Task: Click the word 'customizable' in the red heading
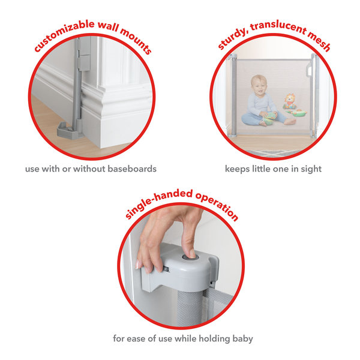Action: (x=63, y=34)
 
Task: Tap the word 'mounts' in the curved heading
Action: (x=136, y=41)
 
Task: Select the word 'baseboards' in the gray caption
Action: (x=132, y=169)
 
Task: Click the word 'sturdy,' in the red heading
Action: (x=232, y=39)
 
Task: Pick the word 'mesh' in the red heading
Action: (x=319, y=41)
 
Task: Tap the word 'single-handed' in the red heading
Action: (x=158, y=202)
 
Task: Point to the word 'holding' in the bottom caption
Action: (x=214, y=339)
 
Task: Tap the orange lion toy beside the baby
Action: (x=290, y=101)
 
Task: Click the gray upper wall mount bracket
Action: (x=83, y=54)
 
